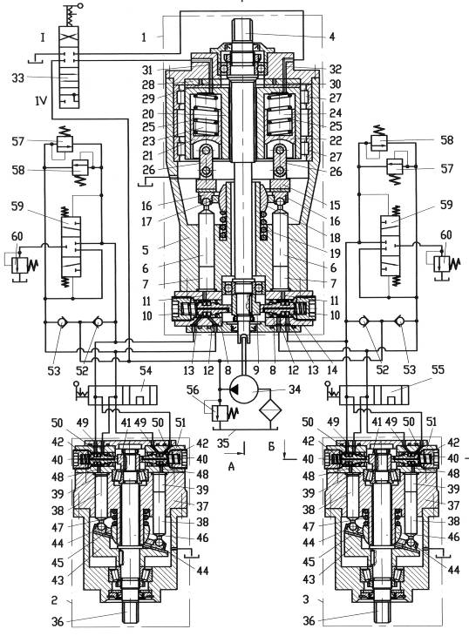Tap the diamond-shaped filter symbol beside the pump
click(270, 410)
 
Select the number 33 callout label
click(17, 78)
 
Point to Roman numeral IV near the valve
click(41, 100)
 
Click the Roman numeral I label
click(42, 38)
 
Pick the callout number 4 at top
click(332, 37)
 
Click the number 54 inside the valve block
click(145, 382)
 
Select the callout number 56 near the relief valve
click(193, 389)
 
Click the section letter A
click(231, 466)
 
